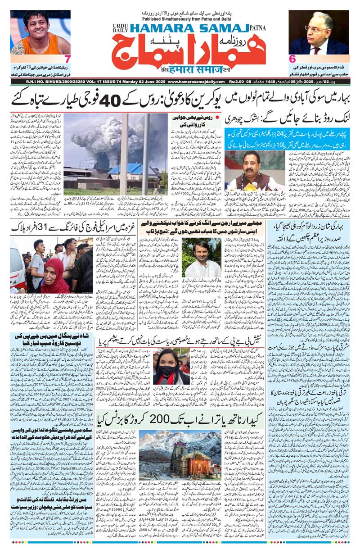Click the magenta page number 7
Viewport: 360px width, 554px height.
coord(67,59)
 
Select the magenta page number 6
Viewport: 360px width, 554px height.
coord(292,59)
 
